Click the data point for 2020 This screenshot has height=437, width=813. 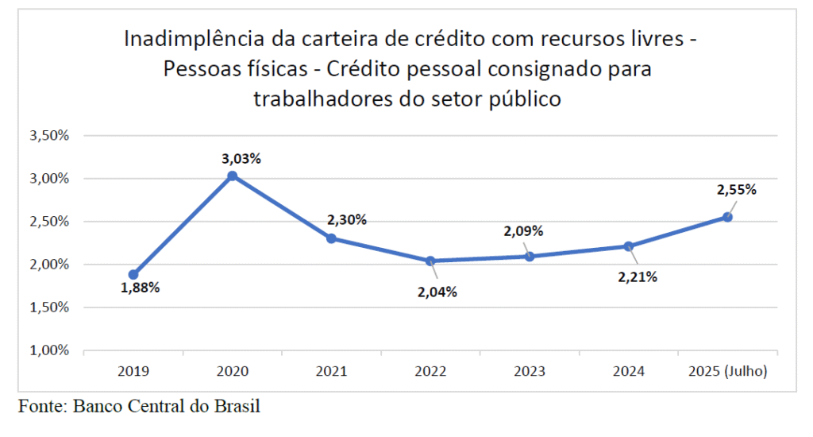(x=232, y=176)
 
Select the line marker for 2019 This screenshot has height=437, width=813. (x=133, y=275)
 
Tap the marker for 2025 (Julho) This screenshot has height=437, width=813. (x=727, y=217)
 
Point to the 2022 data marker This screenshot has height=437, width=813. (x=430, y=261)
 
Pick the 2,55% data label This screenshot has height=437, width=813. (x=737, y=190)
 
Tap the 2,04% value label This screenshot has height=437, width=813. (x=437, y=292)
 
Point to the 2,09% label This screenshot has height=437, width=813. (x=523, y=232)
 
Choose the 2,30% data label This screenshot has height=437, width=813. (x=347, y=220)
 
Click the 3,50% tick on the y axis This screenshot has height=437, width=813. (x=50, y=135)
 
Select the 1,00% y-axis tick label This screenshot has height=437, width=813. (x=50, y=350)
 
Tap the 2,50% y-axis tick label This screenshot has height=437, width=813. (x=50, y=222)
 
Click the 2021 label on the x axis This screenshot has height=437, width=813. (x=331, y=371)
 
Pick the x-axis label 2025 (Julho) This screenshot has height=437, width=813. (x=727, y=371)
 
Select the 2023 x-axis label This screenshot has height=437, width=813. (x=530, y=371)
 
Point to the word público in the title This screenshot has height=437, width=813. (x=520, y=99)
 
